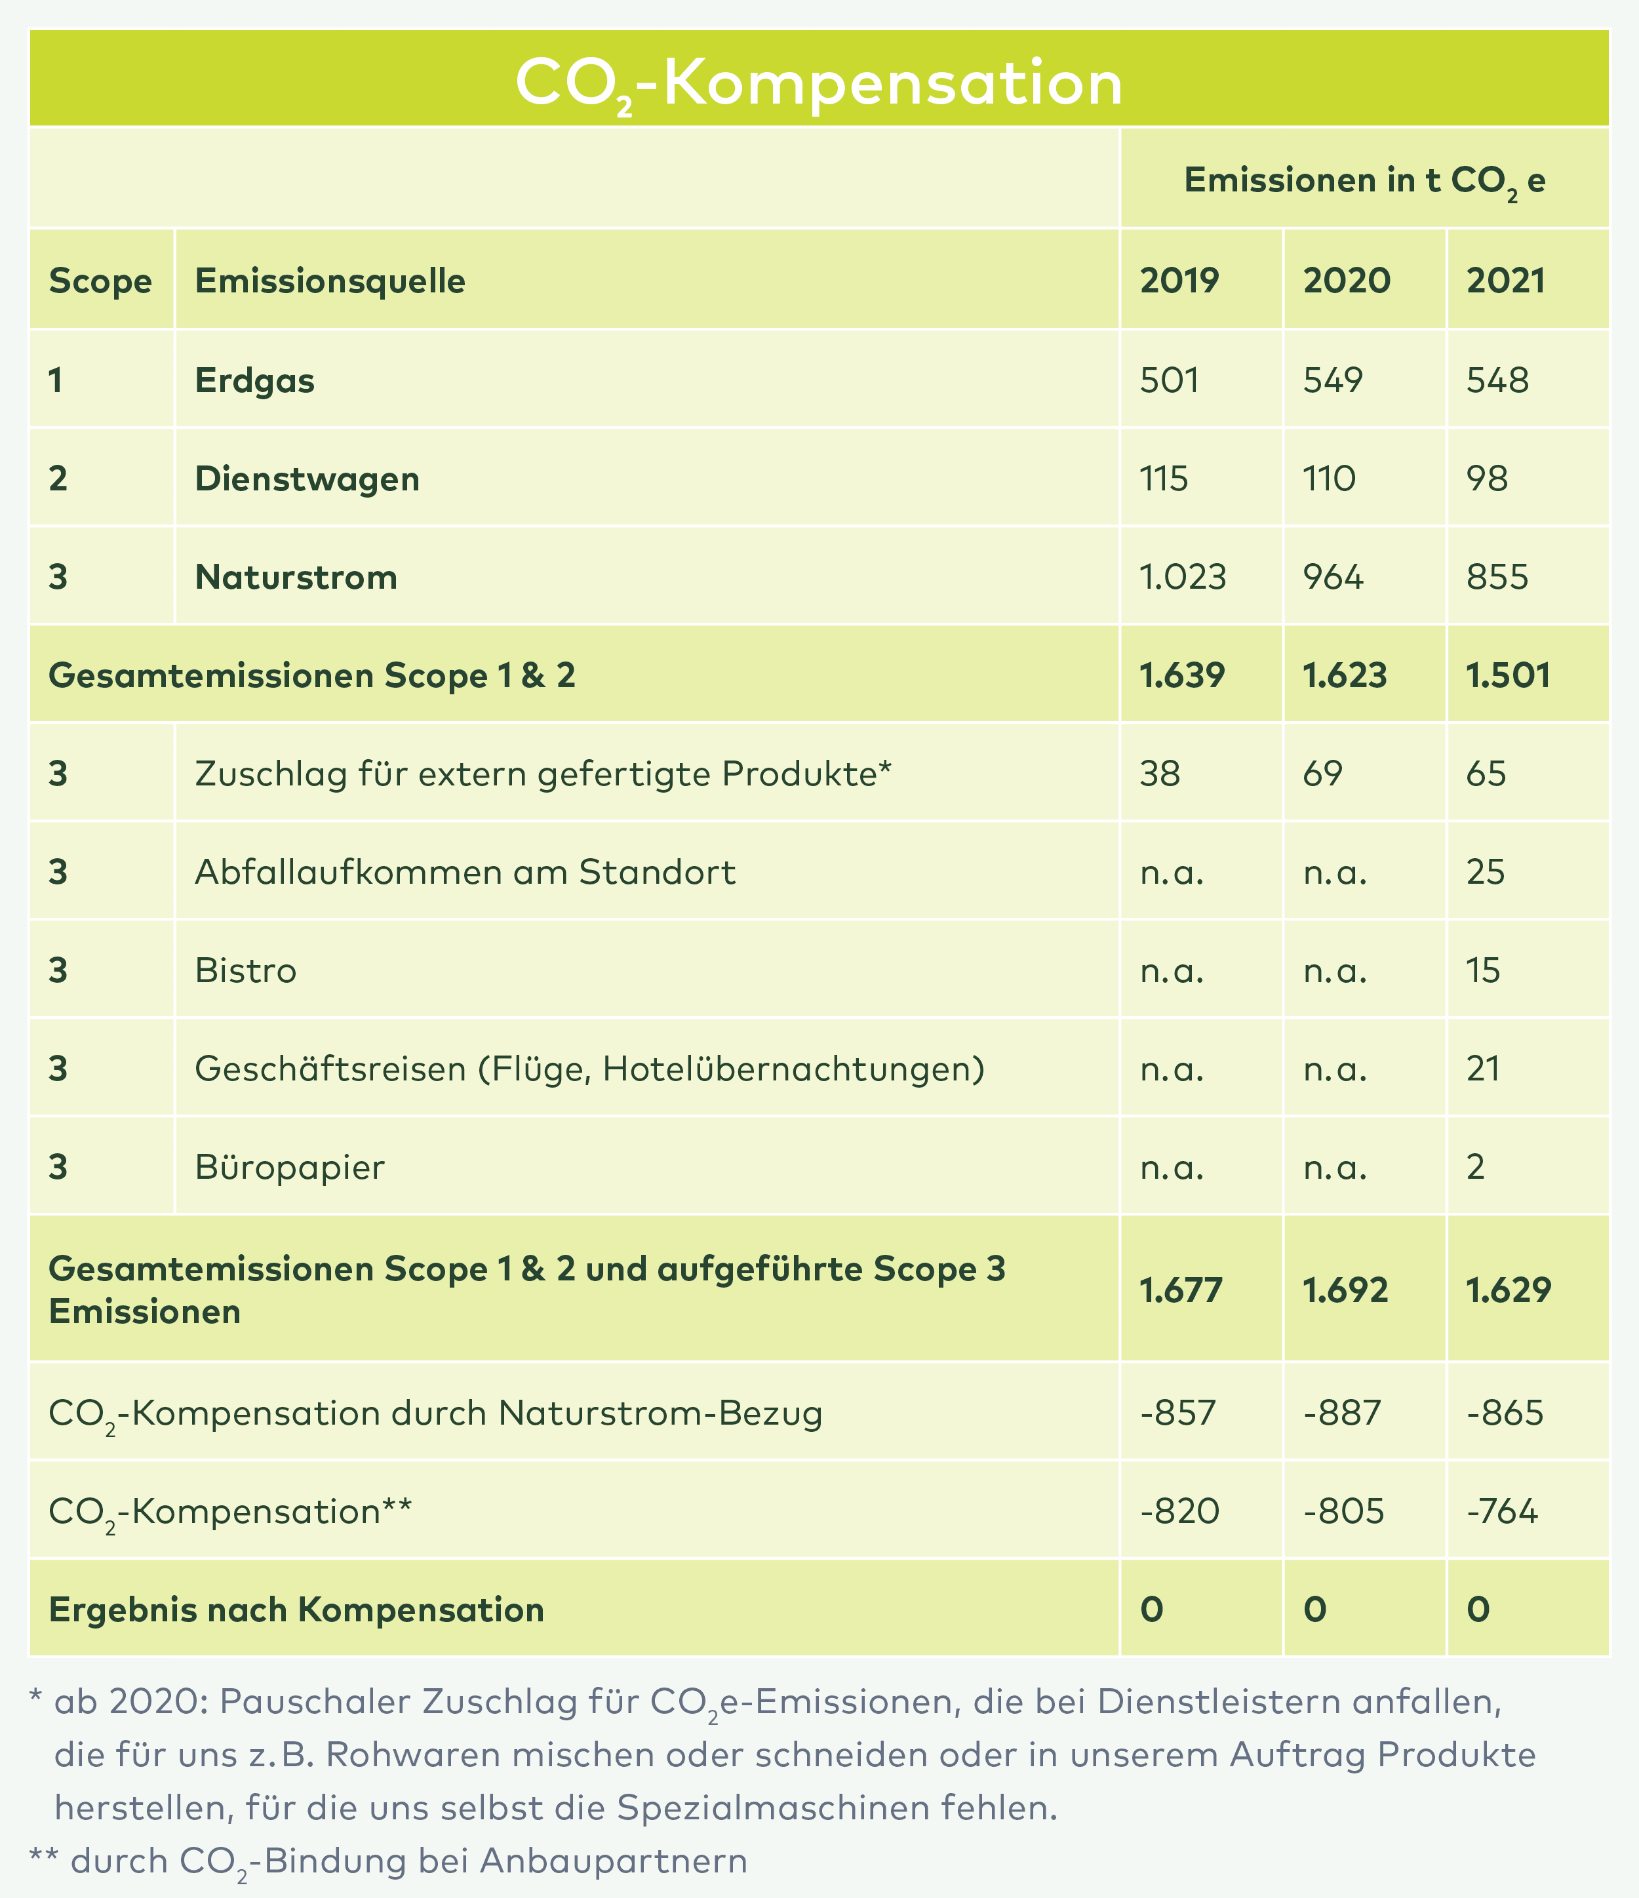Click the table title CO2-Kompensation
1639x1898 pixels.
coord(818,83)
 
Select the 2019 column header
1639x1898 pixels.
coord(1179,281)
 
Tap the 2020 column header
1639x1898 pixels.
coord(1346,281)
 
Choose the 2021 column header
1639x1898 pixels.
coord(1506,281)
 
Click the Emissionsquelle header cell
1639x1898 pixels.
coord(330,281)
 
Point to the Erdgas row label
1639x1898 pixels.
coord(254,380)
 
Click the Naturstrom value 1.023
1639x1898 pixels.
coord(1183,577)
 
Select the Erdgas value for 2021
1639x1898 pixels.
coord(1497,380)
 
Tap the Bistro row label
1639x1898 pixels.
coord(246,970)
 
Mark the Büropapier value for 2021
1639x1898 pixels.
coord(1475,1167)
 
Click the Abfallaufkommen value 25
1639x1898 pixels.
coord(1485,872)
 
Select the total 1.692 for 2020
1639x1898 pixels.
coord(1345,1291)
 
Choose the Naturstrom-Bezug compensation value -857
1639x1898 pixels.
coord(1178,1412)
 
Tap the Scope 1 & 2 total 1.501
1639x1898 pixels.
coord(1508,675)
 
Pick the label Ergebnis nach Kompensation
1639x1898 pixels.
coord(296,1610)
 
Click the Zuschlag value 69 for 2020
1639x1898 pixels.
coord(1323,774)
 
